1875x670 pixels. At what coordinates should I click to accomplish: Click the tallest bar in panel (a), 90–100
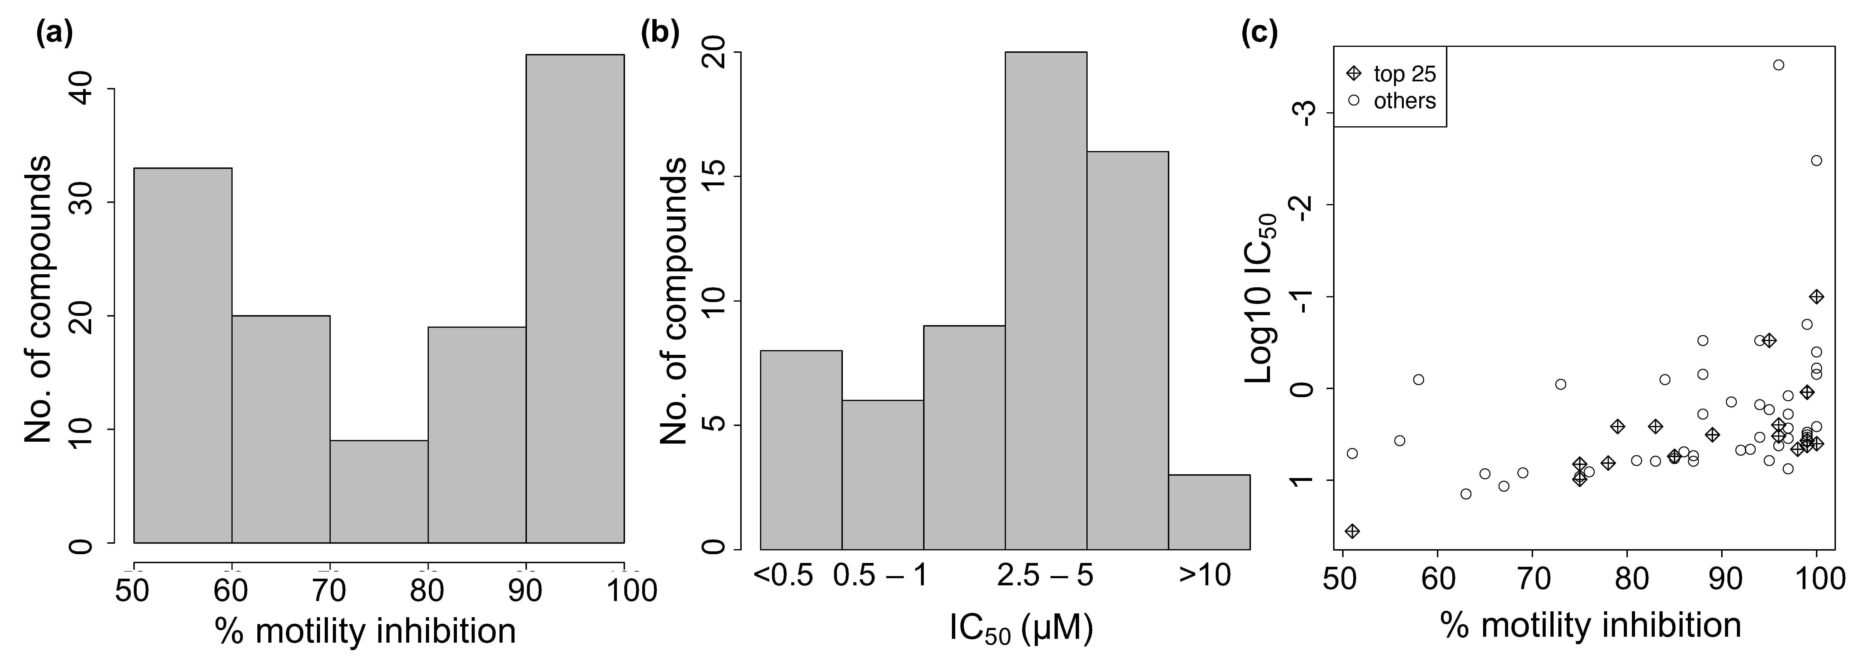pos(574,298)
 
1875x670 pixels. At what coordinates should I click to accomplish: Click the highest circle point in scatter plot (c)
pos(1778,65)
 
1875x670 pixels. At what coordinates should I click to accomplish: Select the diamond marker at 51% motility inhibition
pos(1352,531)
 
